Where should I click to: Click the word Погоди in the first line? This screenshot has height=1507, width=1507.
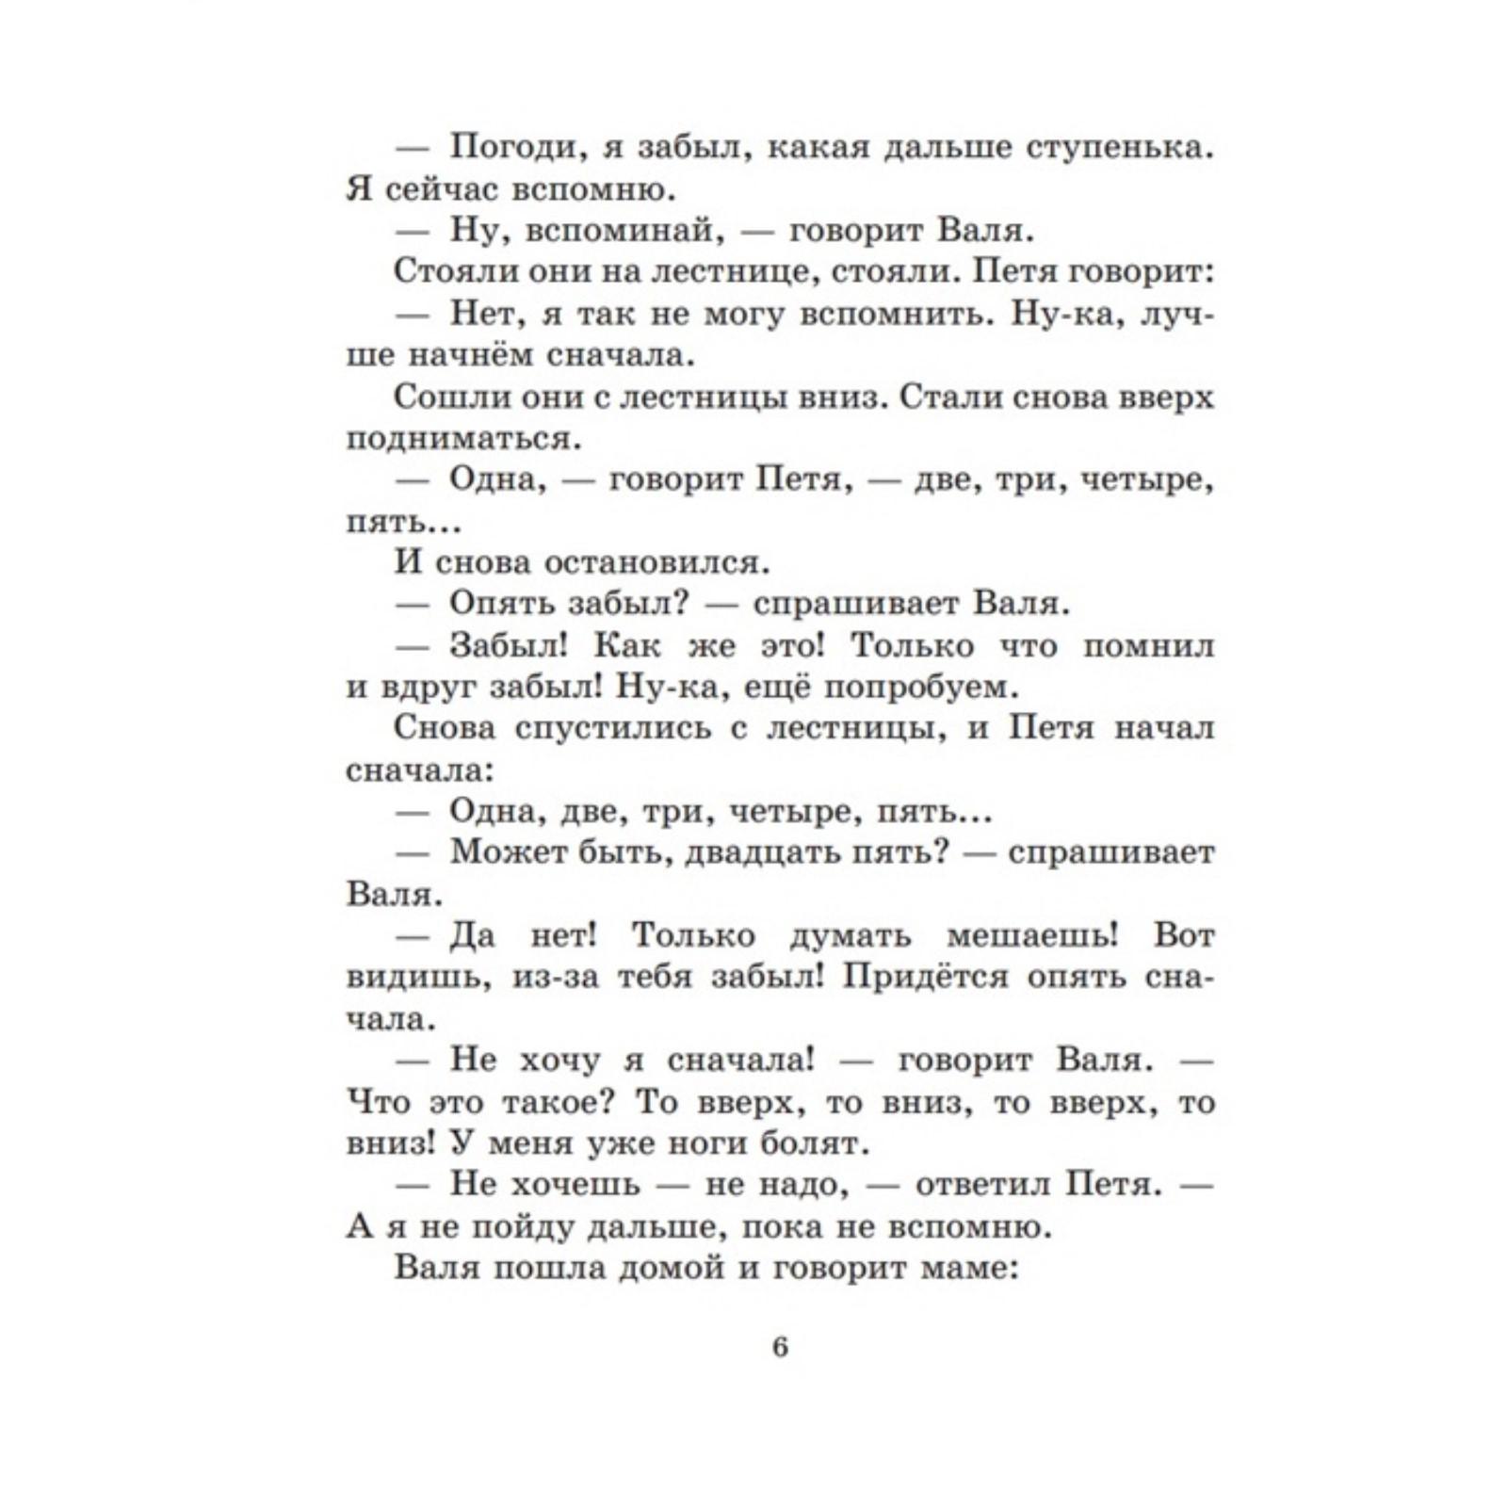(x=510, y=148)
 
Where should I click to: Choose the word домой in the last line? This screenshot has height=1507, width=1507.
(x=671, y=1268)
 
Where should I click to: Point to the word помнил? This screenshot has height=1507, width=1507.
(x=1148, y=646)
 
